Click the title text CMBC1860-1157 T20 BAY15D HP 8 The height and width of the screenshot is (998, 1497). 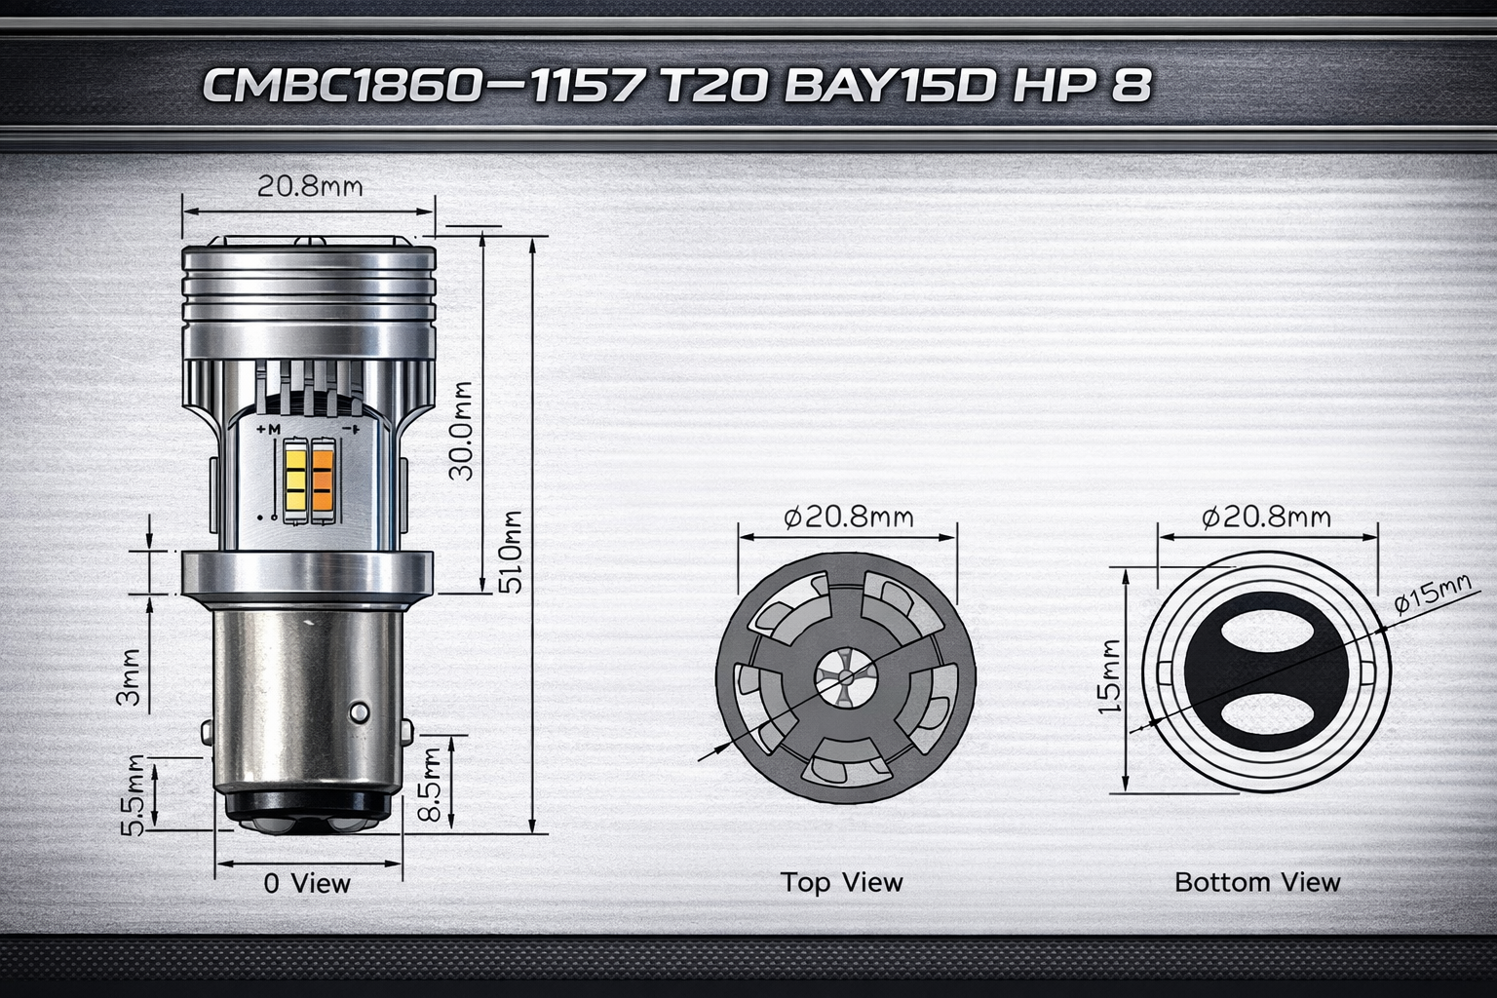[675, 86]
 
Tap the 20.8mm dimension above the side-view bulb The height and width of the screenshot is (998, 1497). [309, 185]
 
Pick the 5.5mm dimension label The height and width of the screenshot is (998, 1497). [134, 794]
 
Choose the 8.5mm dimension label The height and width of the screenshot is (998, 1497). [430, 787]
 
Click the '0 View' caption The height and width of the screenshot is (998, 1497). [307, 884]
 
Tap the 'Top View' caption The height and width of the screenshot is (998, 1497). [841, 882]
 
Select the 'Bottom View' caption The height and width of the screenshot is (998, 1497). [1257, 883]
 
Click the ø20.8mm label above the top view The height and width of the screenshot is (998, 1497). [849, 516]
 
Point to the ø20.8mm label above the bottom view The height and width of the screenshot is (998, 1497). [1266, 516]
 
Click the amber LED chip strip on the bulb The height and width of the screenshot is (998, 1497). [323, 480]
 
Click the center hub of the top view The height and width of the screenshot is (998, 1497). [845, 675]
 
